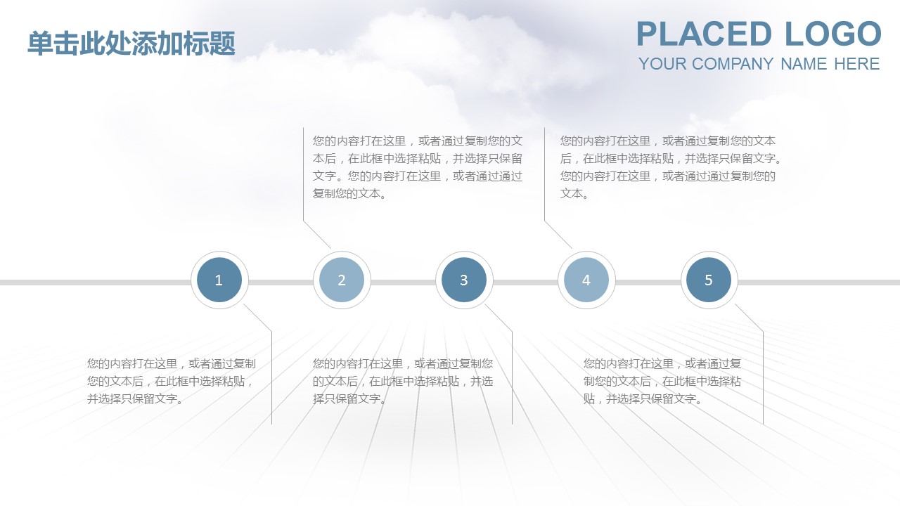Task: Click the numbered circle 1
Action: click(219, 280)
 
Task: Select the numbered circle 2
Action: click(342, 280)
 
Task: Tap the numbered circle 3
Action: click(464, 280)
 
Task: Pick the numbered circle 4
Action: click(586, 280)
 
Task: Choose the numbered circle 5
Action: click(709, 280)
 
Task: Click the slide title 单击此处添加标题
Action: click(131, 44)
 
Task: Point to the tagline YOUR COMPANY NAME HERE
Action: click(759, 64)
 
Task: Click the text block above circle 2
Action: click(418, 167)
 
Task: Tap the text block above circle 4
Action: click(670, 167)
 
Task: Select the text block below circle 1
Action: click(171, 381)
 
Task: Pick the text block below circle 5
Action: click(662, 381)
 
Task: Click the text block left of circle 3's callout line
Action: click(403, 381)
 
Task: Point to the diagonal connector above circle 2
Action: click(317, 235)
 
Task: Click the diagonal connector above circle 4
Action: click(558, 235)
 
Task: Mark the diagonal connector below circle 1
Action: click(258, 318)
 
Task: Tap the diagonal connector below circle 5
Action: click(750, 318)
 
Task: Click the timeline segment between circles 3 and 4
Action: click(525, 283)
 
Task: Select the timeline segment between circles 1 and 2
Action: click(281, 283)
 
